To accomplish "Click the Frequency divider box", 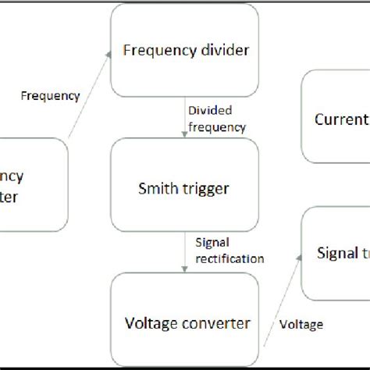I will pos(185,50).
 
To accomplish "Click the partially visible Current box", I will pos(336,119).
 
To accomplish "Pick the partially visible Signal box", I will pos(336,253).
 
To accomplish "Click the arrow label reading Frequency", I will pos(50,96).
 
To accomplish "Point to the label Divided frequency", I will pos(217,119).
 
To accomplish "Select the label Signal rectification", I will pos(229,250).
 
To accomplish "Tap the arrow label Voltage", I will pos(300,324).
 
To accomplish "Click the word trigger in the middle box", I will pos(207,187).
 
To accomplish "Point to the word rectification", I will pos(229,258).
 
